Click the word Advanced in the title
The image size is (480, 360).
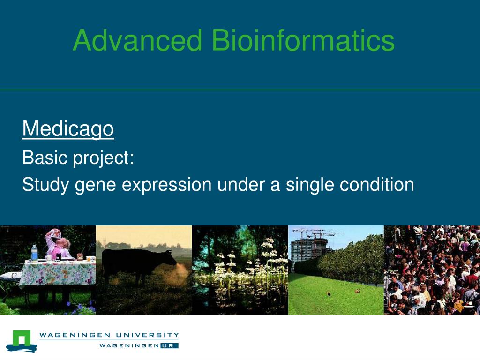[137, 40]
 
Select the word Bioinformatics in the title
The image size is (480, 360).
[303, 40]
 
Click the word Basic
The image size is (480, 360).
[45, 157]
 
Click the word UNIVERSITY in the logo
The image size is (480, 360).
[147, 335]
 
